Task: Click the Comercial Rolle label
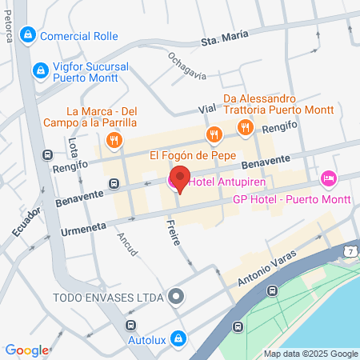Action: [x=78, y=36]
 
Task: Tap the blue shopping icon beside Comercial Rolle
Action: [x=28, y=35]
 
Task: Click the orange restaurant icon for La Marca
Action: [x=114, y=141]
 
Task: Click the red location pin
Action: [x=180, y=178]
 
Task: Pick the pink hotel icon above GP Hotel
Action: [x=326, y=178]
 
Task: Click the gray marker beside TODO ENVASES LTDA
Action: [x=177, y=298]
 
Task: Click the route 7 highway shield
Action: [x=350, y=253]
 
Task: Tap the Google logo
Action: [x=26, y=350]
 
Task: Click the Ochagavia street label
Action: [x=187, y=66]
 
